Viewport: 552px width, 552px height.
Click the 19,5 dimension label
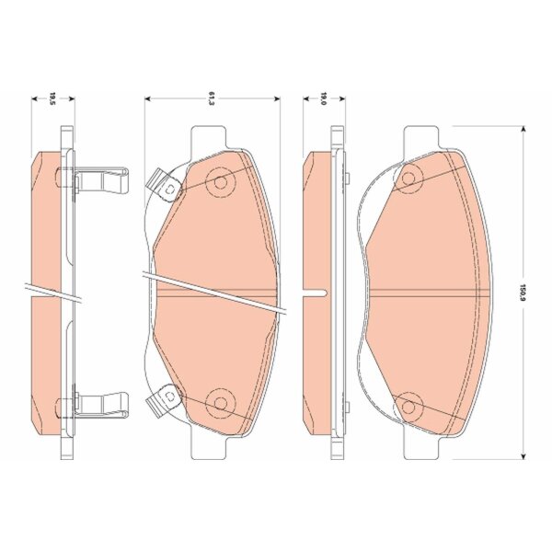[x=53, y=99]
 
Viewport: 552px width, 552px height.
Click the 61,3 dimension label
[x=212, y=99]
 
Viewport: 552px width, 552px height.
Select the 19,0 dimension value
[x=324, y=99]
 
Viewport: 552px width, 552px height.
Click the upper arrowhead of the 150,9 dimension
[x=523, y=129]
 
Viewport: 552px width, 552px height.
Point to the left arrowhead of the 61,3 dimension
[x=148, y=99]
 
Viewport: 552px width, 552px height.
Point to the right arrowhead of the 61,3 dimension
[x=277, y=99]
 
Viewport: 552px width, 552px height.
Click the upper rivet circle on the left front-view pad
[x=221, y=182]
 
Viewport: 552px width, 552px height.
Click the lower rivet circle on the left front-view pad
[x=221, y=403]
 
